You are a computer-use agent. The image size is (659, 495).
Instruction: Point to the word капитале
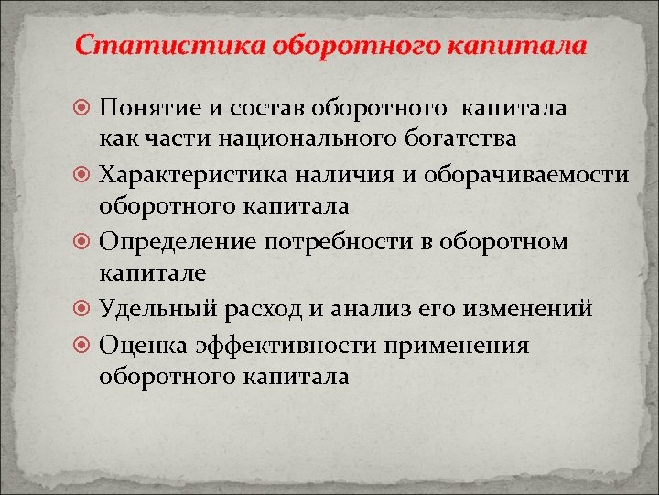153,273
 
